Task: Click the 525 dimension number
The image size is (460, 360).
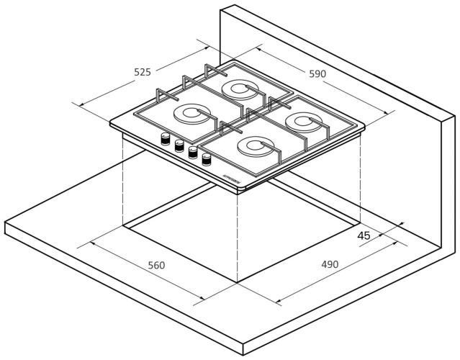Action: (x=143, y=72)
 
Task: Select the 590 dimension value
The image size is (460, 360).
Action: (x=317, y=73)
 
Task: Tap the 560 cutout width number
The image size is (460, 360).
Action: (x=156, y=265)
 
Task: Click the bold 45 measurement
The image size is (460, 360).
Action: (x=364, y=235)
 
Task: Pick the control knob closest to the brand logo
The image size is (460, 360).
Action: (x=207, y=160)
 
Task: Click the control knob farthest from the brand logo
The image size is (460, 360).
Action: (x=166, y=139)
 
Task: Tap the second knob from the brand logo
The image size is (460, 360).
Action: (x=193, y=153)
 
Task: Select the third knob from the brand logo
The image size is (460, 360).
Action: (x=179, y=146)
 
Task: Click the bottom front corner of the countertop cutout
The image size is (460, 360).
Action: (x=238, y=282)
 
